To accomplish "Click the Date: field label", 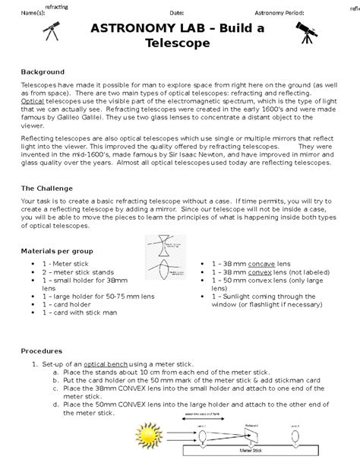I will pos(176,13).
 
